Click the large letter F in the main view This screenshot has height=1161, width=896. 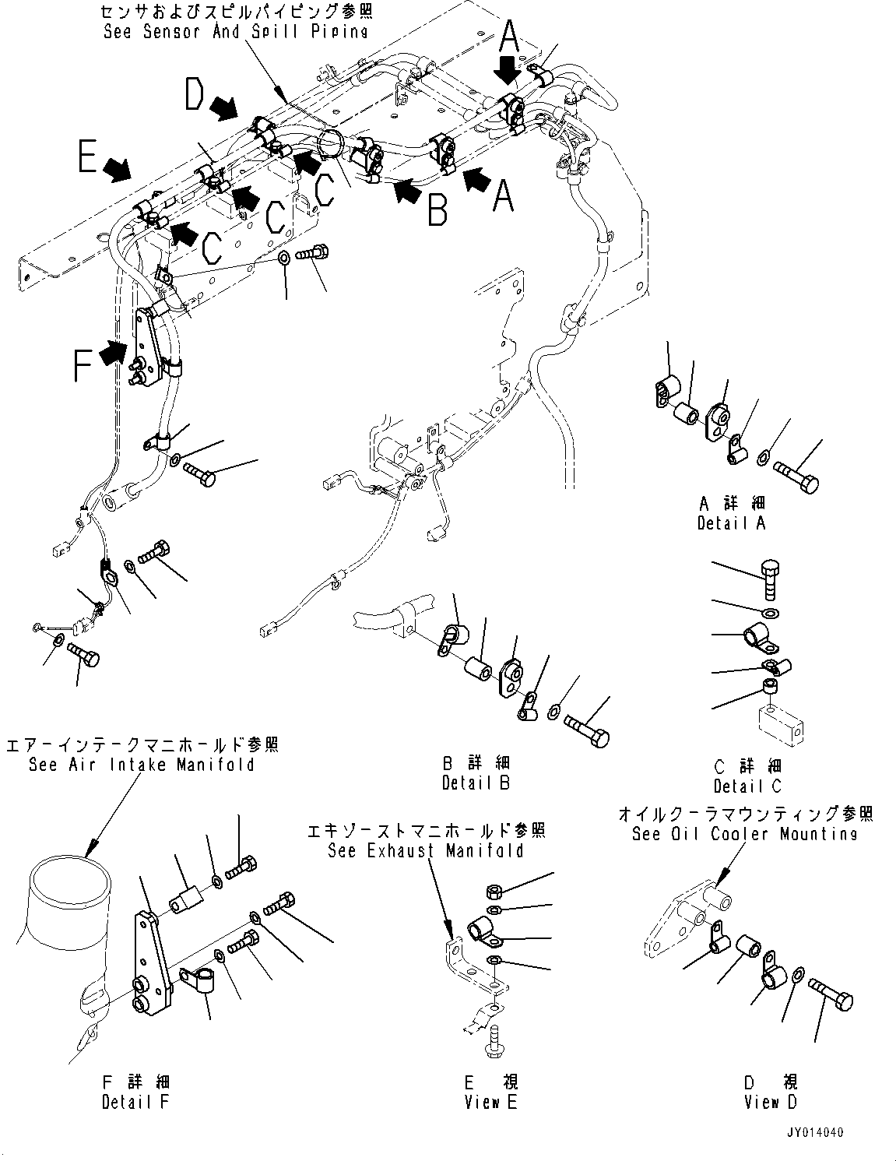[x=86, y=364]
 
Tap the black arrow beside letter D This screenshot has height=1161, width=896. [x=226, y=109]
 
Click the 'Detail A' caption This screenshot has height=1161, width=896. [x=731, y=523]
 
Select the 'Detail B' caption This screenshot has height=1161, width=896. [x=475, y=783]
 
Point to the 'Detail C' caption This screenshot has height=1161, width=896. [x=747, y=786]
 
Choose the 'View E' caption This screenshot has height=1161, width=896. [x=492, y=1102]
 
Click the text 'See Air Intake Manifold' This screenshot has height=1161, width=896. [x=141, y=764]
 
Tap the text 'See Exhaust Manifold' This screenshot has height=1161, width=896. [x=425, y=850]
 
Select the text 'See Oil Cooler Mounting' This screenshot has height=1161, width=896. [x=744, y=834]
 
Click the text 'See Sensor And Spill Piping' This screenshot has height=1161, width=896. [x=235, y=31]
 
